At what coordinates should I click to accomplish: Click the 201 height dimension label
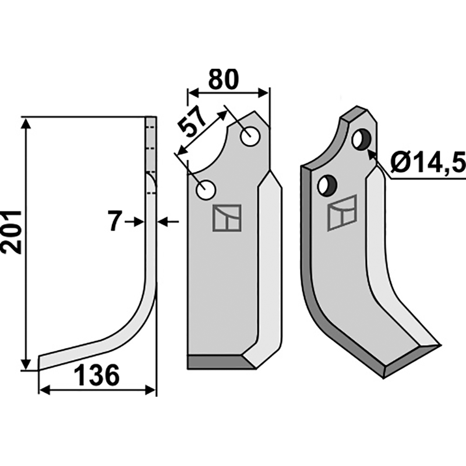coord(12,232)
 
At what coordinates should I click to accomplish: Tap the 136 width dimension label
coord(97,375)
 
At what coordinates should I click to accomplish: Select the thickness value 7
coord(115,221)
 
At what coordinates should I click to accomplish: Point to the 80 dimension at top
coord(224,79)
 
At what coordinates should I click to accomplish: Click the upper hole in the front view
coord(250,136)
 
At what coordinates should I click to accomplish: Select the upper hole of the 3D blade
coord(361,140)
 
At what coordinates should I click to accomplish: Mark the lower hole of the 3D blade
coord(327,186)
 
